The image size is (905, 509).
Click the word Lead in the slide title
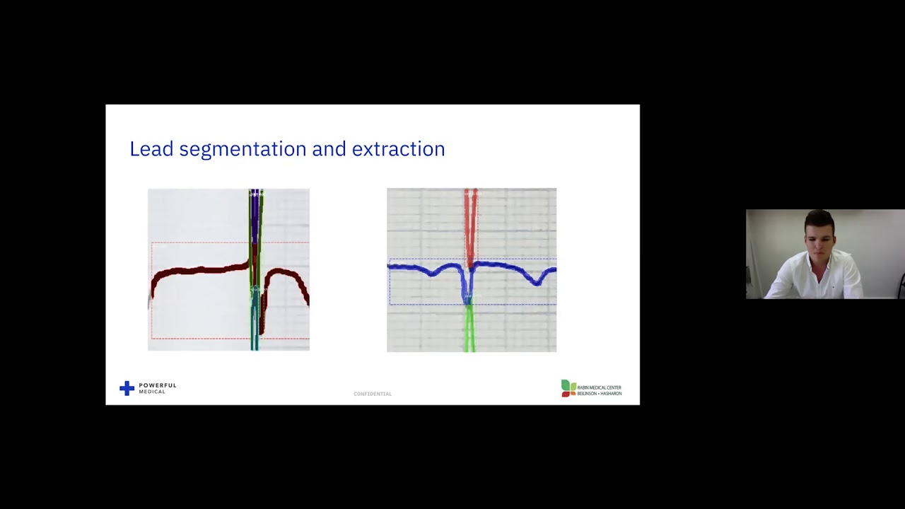tap(151, 149)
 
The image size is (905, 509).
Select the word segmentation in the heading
tap(243, 150)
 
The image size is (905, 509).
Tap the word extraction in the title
tap(398, 149)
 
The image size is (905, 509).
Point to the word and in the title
tap(329, 149)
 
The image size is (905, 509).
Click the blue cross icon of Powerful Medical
tap(127, 388)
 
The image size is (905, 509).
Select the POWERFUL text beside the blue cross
tap(157, 385)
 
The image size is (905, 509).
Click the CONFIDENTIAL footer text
tap(372, 394)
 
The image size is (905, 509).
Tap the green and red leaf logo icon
tap(568, 387)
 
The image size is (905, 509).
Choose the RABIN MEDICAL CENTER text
tap(599, 387)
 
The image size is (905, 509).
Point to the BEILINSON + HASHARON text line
tap(599, 393)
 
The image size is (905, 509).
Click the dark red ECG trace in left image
tap(198, 271)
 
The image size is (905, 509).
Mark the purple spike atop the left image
tap(255, 212)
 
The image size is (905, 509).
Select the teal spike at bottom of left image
tap(255, 325)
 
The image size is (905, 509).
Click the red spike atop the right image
tap(470, 219)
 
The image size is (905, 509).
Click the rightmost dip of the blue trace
tap(539, 281)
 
